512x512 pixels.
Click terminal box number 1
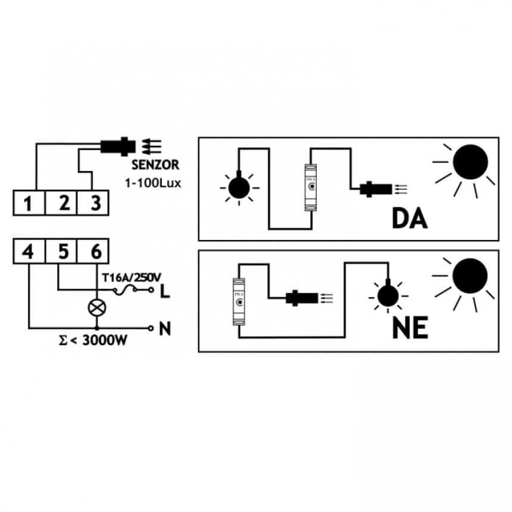click(x=28, y=204)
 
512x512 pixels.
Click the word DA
click(x=410, y=218)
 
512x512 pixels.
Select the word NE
click(x=410, y=328)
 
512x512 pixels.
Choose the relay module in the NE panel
click(x=239, y=302)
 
